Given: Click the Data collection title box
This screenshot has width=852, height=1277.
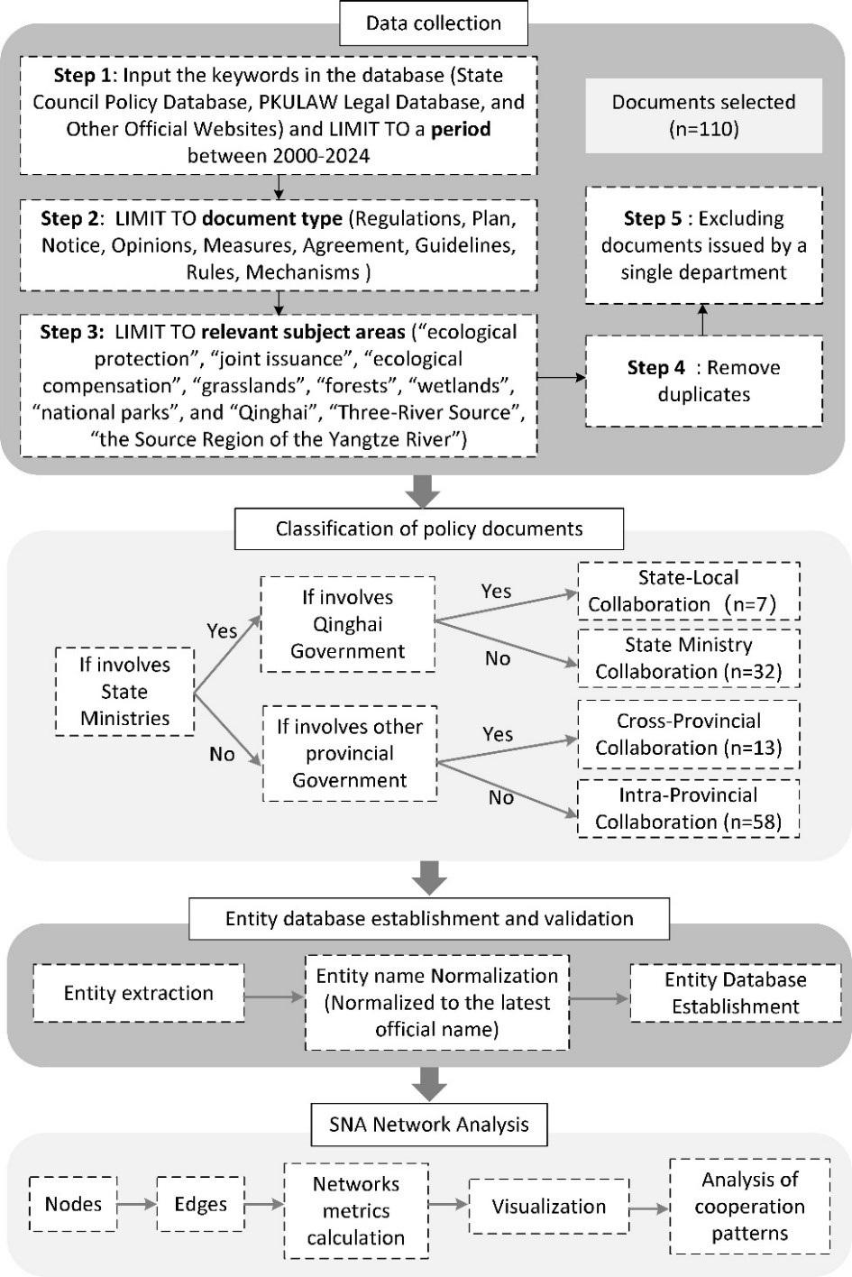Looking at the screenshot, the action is pyautogui.click(x=434, y=23).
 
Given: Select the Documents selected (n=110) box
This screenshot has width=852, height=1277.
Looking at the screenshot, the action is pyautogui.click(x=704, y=115).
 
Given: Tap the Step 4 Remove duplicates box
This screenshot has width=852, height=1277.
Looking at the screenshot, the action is pyautogui.click(x=704, y=381).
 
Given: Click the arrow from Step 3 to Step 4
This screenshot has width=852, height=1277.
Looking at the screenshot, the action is pyautogui.click(x=562, y=377).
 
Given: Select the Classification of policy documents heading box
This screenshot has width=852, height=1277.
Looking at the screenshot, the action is pyautogui.click(x=429, y=529).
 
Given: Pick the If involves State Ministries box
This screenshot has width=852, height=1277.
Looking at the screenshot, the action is pyautogui.click(x=124, y=692).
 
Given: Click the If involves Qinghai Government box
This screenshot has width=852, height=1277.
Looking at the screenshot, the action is pyautogui.click(x=348, y=624).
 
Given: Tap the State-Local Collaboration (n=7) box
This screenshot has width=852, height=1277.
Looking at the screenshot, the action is pyautogui.click(x=689, y=592).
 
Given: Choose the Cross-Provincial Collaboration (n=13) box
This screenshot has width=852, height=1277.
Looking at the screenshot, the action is pyautogui.click(x=689, y=734).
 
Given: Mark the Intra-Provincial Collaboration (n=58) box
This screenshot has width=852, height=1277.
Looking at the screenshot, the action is pyautogui.click(x=689, y=808).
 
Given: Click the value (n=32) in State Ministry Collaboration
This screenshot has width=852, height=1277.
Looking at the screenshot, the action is pyautogui.click(x=752, y=672).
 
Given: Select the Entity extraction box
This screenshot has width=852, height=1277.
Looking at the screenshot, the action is pyautogui.click(x=139, y=993).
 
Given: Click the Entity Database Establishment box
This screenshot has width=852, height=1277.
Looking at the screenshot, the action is pyautogui.click(x=735, y=993).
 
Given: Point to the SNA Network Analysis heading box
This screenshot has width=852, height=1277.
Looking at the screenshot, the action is pyautogui.click(x=429, y=1125).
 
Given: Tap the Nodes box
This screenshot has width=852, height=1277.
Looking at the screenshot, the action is pyautogui.click(x=73, y=1204).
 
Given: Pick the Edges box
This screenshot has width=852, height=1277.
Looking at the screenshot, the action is pyautogui.click(x=201, y=1204).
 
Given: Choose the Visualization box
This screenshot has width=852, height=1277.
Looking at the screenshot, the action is pyautogui.click(x=549, y=1207).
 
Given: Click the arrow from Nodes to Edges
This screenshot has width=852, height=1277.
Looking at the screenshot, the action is pyautogui.click(x=137, y=1204).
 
